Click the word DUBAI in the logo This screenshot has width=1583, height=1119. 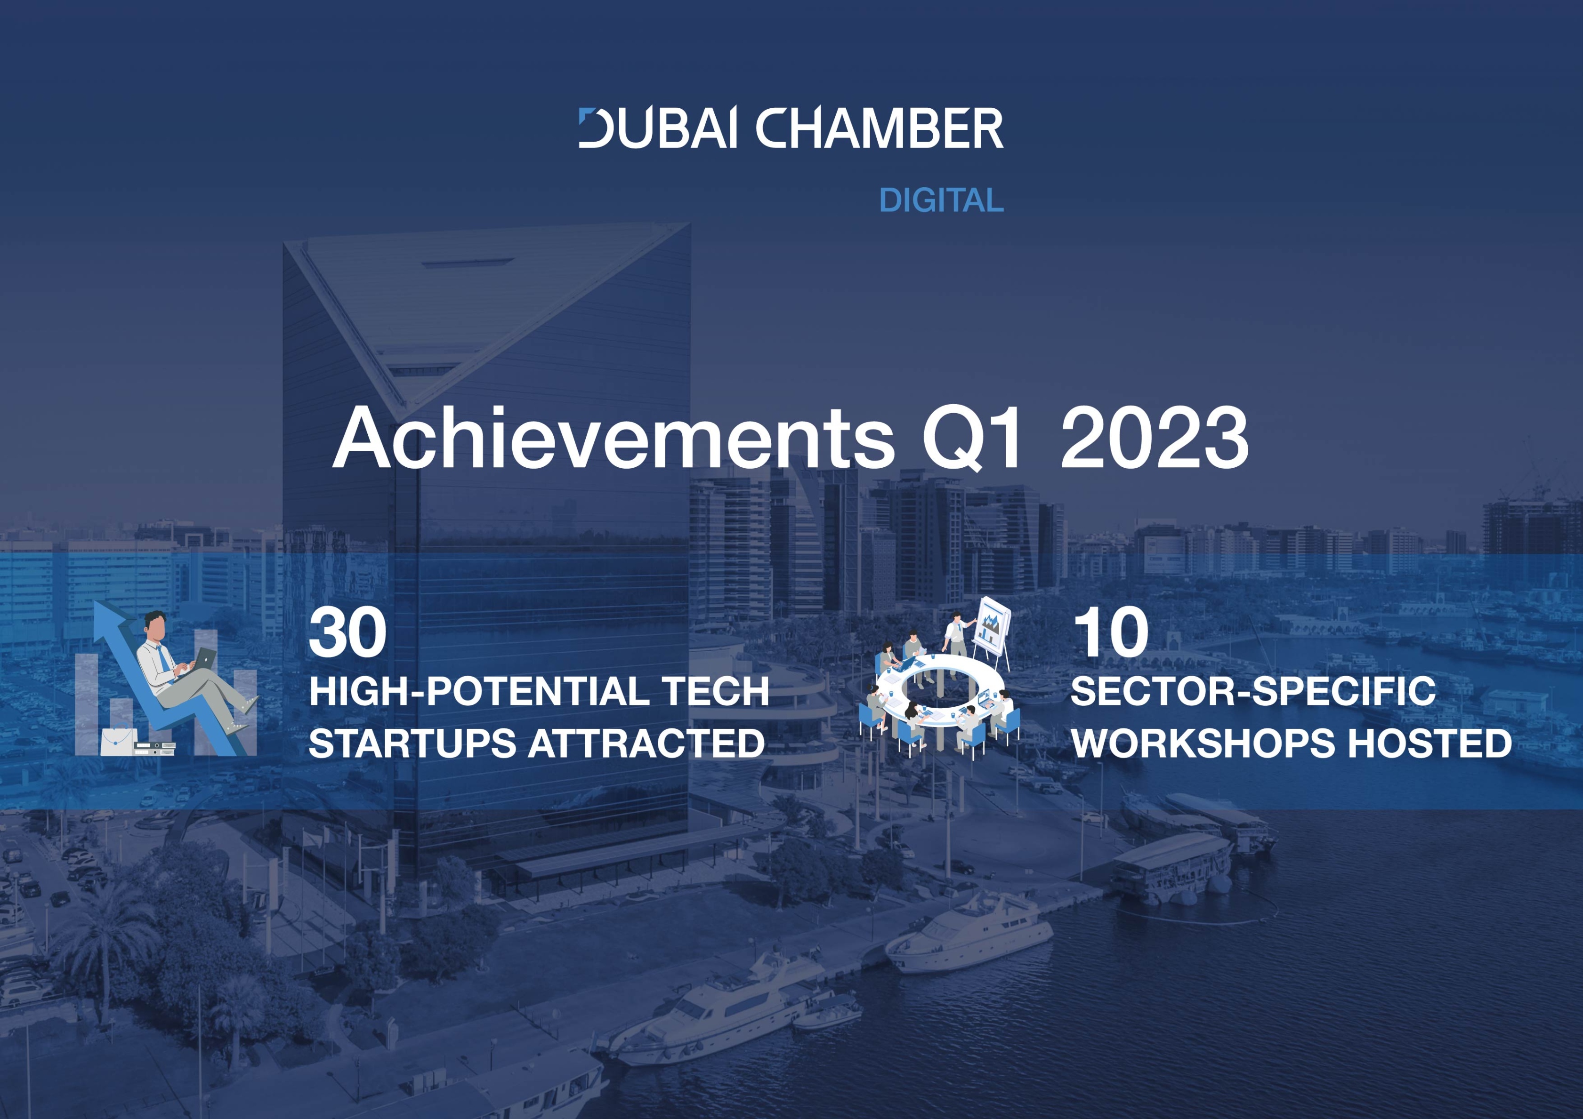(x=658, y=128)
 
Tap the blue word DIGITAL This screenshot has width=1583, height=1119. (x=941, y=200)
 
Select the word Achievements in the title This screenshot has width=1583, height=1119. (x=614, y=438)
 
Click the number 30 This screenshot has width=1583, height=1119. (x=347, y=632)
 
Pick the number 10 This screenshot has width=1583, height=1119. (x=1111, y=632)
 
